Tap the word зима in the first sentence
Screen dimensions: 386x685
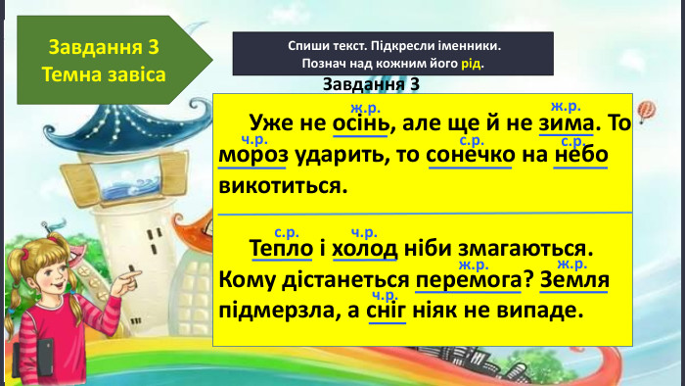[566, 125]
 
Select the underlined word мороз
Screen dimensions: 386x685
[254, 156]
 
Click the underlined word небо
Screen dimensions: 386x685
[581, 156]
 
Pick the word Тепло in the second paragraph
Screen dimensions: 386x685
[282, 249]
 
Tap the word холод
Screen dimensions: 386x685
[364, 249]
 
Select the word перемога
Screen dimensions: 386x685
[467, 281]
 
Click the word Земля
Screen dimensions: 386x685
[573, 281]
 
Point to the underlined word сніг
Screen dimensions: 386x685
[386, 313]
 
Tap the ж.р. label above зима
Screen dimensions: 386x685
[566, 106]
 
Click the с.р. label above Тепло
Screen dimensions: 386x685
[286, 232]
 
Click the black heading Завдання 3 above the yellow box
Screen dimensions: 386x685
[371, 84]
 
